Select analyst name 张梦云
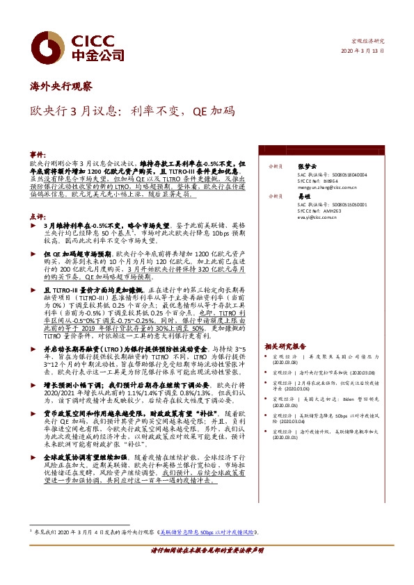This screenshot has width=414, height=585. pos(306,167)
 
